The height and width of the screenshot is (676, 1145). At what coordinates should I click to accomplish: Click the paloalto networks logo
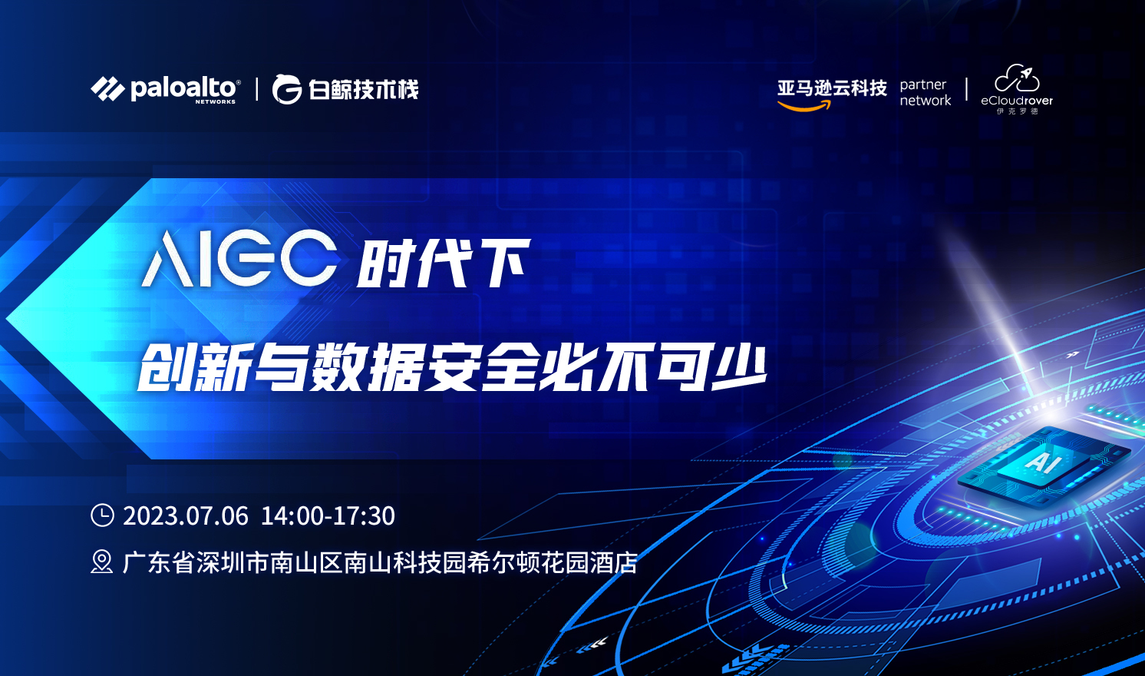(166, 89)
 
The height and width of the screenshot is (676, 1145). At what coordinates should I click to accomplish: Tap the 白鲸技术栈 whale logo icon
(287, 89)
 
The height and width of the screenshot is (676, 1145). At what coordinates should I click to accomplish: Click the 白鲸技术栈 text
(363, 90)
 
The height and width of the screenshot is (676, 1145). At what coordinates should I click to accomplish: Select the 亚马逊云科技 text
(832, 88)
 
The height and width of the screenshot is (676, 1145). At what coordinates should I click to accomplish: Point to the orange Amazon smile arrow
(804, 106)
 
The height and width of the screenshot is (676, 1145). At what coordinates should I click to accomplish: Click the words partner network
(925, 92)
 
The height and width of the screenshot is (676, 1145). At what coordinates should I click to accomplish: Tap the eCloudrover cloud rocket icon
(1017, 78)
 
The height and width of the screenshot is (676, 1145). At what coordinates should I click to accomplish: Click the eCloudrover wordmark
(1017, 101)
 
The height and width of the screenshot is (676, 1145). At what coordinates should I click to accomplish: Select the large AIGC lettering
(239, 260)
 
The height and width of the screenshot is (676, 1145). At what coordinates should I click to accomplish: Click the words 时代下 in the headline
(444, 263)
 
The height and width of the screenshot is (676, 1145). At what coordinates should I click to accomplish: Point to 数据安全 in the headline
(424, 366)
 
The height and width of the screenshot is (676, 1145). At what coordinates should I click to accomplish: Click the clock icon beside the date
(102, 515)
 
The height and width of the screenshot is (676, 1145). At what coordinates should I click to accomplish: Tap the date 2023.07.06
(186, 515)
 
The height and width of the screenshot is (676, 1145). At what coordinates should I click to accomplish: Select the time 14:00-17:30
(328, 515)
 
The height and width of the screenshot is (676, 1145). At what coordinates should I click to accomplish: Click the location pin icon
(101, 562)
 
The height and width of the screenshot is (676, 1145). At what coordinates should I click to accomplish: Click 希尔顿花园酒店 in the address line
(553, 562)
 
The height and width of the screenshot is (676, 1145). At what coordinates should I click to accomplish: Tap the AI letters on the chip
(1043, 462)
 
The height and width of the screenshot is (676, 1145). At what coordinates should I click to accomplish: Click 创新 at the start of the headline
(196, 366)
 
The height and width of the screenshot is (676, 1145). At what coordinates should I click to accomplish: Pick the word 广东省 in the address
(159, 562)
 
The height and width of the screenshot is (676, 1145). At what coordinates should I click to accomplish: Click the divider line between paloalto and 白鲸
(256, 89)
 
